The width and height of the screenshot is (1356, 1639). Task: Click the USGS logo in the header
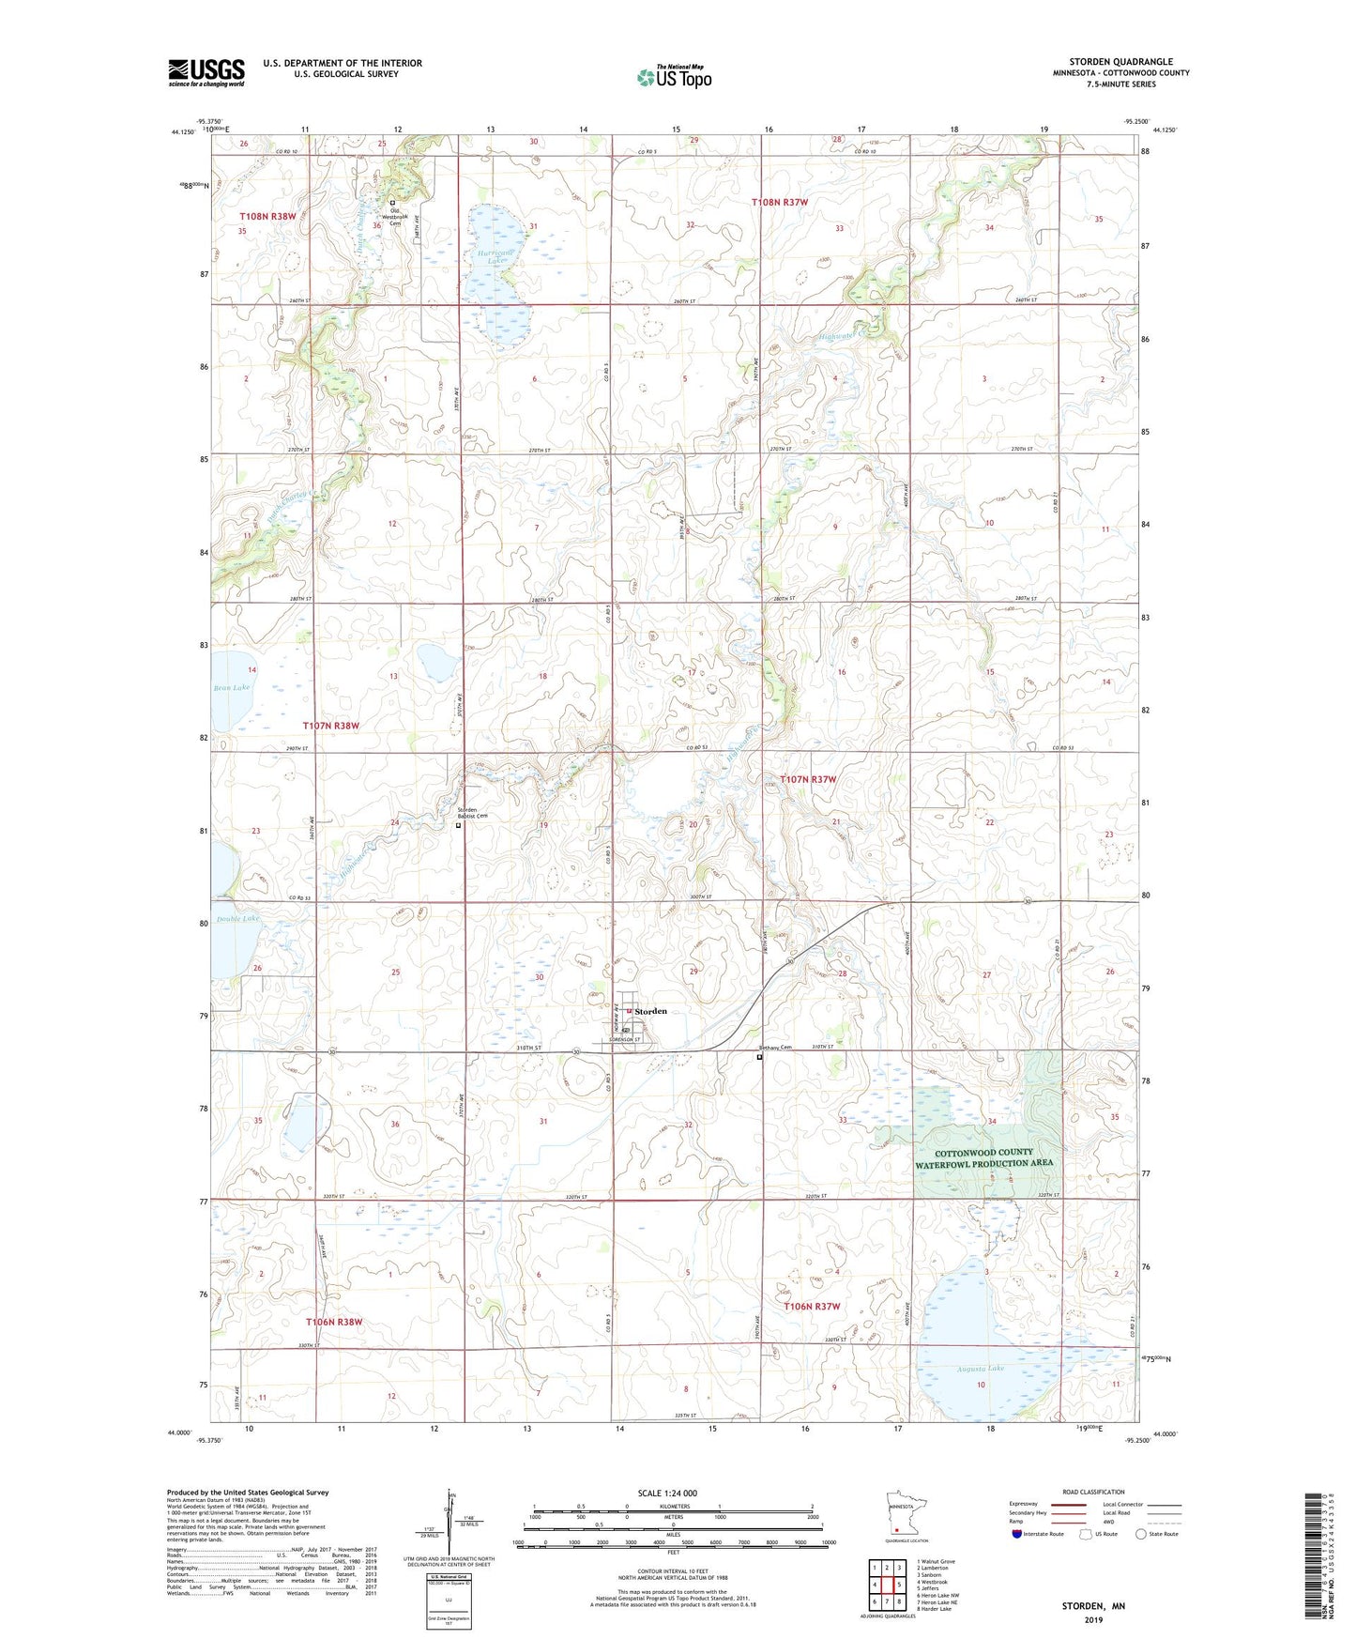(x=206, y=72)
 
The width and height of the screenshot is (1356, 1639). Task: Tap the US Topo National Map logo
(x=674, y=76)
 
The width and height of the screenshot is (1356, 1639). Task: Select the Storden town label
(x=650, y=1011)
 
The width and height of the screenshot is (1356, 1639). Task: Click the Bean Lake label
(x=231, y=688)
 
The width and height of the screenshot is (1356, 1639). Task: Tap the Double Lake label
(x=236, y=919)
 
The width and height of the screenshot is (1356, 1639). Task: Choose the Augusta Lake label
(x=980, y=1369)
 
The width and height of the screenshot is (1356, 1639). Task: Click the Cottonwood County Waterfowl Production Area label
(x=984, y=1157)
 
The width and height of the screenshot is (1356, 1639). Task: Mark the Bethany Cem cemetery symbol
(x=760, y=1056)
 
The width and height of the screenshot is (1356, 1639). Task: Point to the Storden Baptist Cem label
(x=472, y=813)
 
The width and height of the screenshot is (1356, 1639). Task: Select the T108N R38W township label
(x=267, y=216)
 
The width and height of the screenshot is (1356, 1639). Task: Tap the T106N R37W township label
(x=812, y=1307)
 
